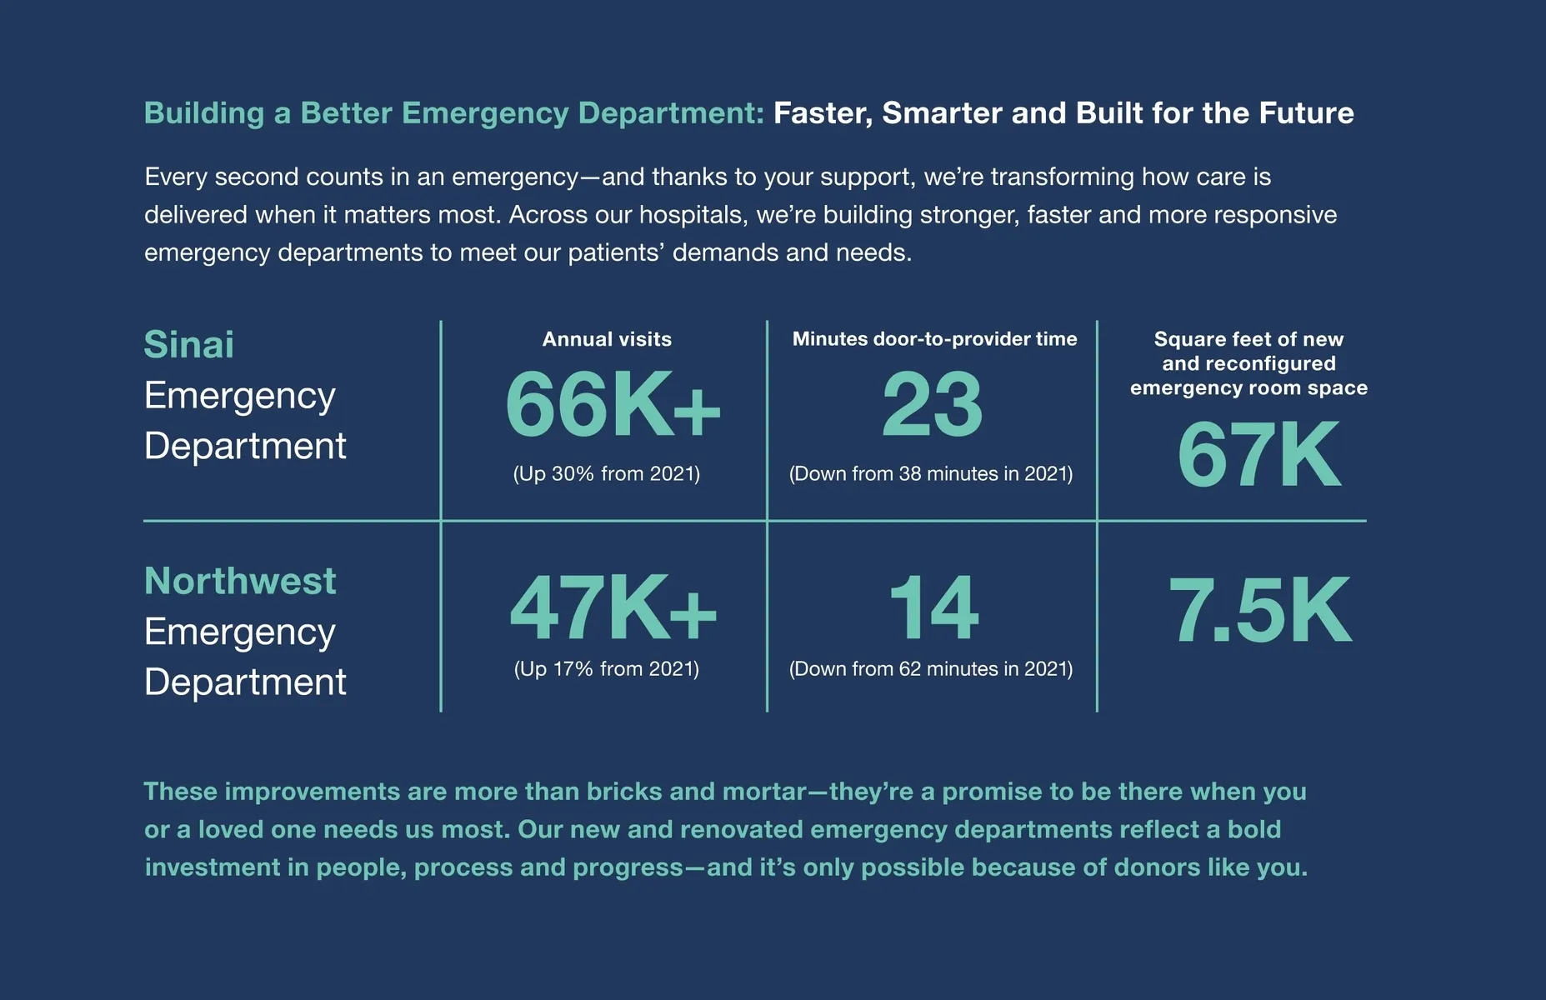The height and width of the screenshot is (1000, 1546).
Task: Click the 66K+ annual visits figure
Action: (613, 405)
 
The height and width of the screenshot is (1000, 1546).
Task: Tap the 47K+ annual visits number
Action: (613, 609)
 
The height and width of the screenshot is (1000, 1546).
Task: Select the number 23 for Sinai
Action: (932, 405)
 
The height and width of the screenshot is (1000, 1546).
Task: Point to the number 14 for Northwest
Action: (933, 609)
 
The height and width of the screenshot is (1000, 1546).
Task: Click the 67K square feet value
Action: (1258, 455)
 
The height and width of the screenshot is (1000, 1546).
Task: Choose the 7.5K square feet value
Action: (1258, 611)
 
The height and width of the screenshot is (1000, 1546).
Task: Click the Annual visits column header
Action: (607, 339)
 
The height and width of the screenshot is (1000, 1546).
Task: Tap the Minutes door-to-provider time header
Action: (934, 339)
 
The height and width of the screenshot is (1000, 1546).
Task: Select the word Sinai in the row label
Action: (188, 345)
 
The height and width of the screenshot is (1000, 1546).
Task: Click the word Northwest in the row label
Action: (240, 581)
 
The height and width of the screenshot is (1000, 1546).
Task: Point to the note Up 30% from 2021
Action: (607, 474)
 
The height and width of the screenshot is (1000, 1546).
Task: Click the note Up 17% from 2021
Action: (607, 669)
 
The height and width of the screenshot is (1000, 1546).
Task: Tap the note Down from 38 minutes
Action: (930, 474)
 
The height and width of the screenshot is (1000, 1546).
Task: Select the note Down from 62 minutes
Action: (930, 669)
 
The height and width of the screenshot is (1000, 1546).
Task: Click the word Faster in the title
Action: (822, 113)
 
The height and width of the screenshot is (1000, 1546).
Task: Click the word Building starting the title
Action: (204, 113)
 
